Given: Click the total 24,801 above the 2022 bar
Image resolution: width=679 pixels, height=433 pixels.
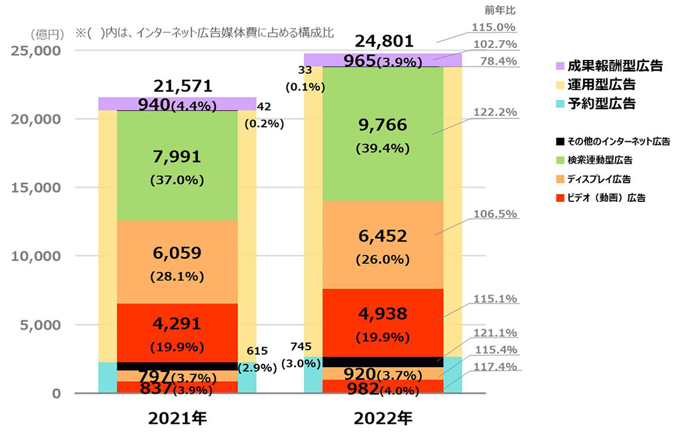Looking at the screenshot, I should point(382,41).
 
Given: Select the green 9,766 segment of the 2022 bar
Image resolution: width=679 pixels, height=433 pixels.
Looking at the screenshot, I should point(382,133).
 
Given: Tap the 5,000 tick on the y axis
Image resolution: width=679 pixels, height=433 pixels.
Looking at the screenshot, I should point(41,324).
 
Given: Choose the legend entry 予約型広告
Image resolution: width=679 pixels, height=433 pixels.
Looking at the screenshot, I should point(601,103).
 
